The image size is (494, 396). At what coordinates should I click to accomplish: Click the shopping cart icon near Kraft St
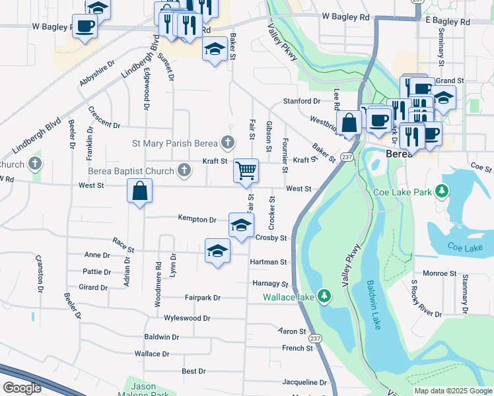[246, 171]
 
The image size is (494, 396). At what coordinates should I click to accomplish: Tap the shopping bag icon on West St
[140, 192]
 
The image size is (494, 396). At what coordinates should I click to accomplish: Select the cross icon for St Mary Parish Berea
[228, 142]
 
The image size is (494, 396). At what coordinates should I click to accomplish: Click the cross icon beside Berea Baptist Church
[185, 171]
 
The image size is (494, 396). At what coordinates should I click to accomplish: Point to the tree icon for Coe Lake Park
[442, 191]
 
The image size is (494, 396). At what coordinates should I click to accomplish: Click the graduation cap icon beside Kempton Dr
[241, 225]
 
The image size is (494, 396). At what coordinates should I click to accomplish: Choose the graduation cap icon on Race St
[217, 251]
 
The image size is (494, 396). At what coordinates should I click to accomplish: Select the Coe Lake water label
[466, 247]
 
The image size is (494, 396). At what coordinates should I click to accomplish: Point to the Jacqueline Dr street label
[304, 382]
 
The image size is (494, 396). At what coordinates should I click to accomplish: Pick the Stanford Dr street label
[301, 101]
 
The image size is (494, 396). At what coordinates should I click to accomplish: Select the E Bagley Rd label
[447, 22]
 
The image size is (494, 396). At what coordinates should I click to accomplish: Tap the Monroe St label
[435, 273]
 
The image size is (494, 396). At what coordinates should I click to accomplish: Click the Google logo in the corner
[22, 388]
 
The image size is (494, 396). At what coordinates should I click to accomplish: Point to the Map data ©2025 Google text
[452, 391]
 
